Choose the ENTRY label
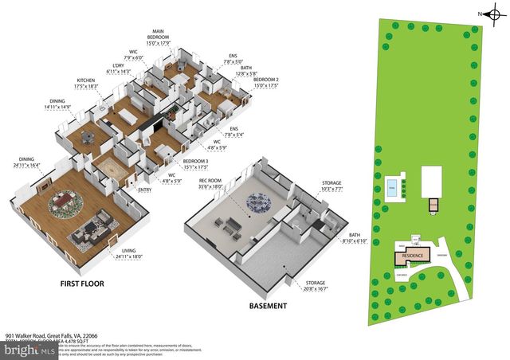pyautogui.click(x=145, y=190)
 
